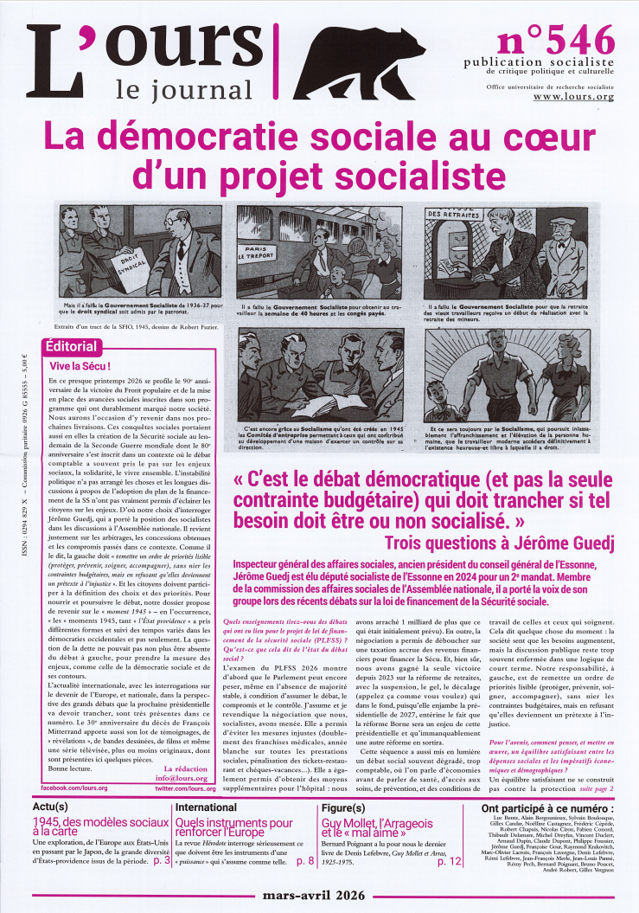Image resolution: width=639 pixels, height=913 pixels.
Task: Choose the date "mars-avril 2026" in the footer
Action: click(320, 897)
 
